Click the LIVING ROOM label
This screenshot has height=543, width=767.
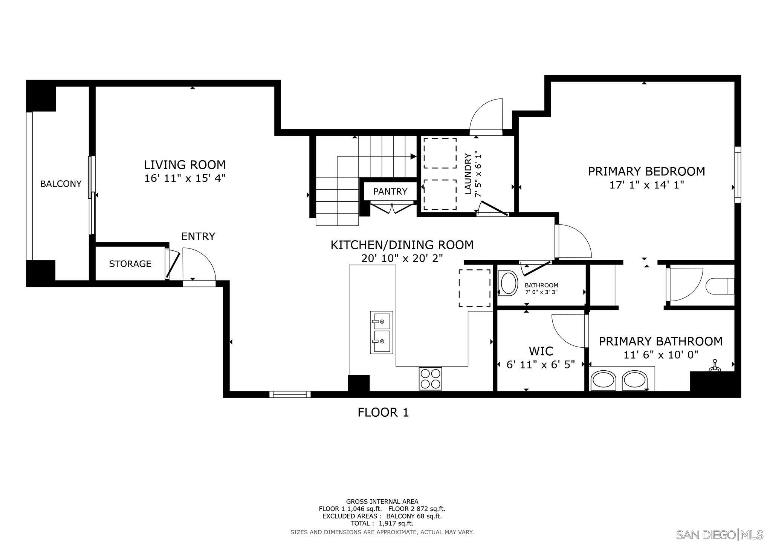click(x=185, y=165)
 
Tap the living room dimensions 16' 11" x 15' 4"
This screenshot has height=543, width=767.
click(x=185, y=178)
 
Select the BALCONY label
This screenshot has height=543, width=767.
click(x=61, y=184)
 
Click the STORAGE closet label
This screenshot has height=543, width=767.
click(x=130, y=264)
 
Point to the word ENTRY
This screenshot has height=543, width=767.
click(x=198, y=236)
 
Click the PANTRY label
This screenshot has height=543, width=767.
click(x=390, y=192)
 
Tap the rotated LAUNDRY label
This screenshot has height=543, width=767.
click(x=468, y=174)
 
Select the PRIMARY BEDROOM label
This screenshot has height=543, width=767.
click(x=646, y=172)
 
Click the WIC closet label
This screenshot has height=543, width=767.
click(x=541, y=351)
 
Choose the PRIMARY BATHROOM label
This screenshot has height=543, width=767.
click(x=660, y=341)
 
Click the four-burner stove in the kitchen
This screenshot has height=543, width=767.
click(x=430, y=379)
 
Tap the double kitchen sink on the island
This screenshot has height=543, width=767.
click(x=381, y=332)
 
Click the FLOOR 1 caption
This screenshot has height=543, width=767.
click(x=383, y=413)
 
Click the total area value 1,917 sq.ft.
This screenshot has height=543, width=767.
click(x=396, y=523)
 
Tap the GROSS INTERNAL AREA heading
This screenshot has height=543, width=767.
click(x=382, y=502)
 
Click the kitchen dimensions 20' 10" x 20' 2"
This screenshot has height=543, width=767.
click(x=402, y=259)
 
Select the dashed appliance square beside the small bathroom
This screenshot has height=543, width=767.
click(x=474, y=288)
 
